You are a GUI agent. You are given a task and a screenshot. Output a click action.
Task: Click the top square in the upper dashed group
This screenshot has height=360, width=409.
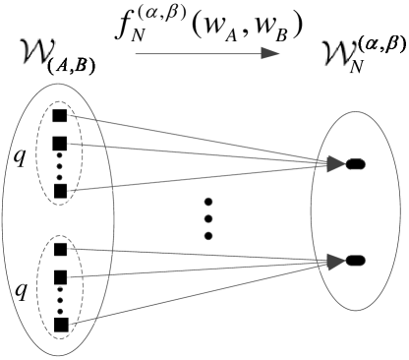pyautogui.click(x=60, y=116)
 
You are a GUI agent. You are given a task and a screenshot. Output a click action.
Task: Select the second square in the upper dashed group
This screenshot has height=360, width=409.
pyautogui.click(x=60, y=143)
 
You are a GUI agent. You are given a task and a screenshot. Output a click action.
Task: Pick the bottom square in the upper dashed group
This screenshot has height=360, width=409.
pyautogui.click(x=60, y=189)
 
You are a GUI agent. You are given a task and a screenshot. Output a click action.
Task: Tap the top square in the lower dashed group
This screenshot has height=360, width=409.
pyautogui.click(x=60, y=250)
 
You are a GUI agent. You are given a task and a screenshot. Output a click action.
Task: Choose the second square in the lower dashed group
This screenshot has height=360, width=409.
pyautogui.click(x=60, y=276)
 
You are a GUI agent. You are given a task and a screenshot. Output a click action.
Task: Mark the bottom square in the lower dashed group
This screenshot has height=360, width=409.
pyautogui.click(x=60, y=323)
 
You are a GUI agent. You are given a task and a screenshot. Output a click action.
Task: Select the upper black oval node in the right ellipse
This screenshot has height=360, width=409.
pyautogui.click(x=355, y=164)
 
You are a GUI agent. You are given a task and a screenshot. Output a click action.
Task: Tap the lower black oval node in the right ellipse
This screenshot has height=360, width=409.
pyautogui.click(x=355, y=261)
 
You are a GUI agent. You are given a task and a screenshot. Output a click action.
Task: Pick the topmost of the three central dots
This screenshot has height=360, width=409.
pyautogui.click(x=207, y=205)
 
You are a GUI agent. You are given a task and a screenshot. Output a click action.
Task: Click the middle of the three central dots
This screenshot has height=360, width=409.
pyautogui.click(x=208, y=221)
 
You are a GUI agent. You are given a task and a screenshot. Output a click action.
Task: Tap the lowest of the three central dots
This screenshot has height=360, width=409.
pyautogui.click(x=208, y=238)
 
